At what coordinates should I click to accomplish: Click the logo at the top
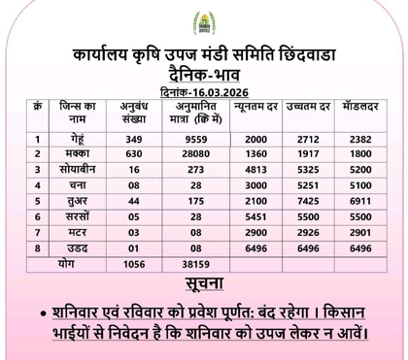pos(205,19)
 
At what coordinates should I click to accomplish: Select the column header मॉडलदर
pos(358,105)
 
